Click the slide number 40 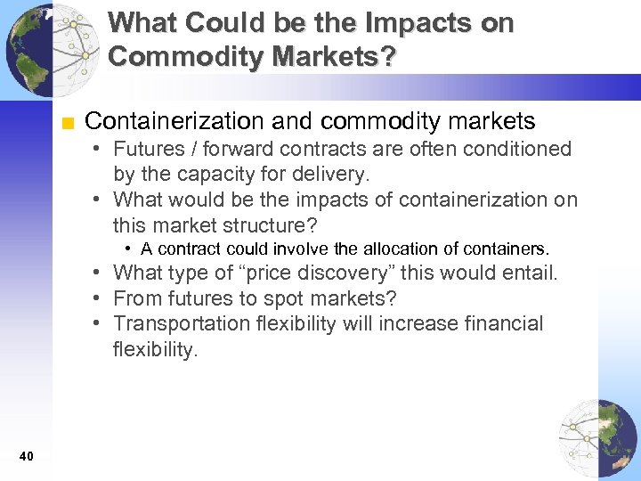[x=26, y=457]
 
